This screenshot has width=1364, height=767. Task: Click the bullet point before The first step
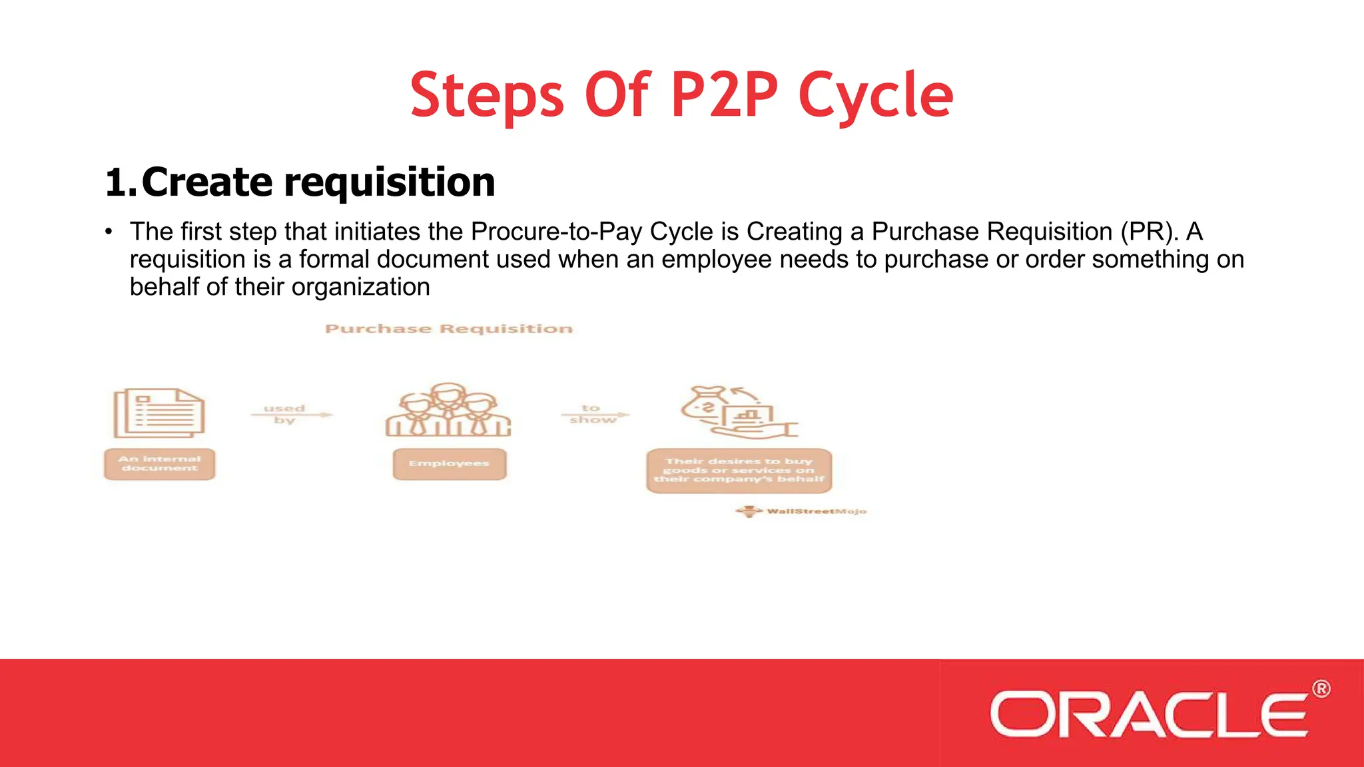click(x=109, y=232)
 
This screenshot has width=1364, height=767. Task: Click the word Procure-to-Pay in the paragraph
click(x=557, y=232)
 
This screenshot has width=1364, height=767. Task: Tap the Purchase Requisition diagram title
click(x=448, y=329)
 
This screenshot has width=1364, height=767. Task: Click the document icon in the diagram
click(x=159, y=413)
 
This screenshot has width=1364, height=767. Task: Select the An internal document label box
click(x=160, y=464)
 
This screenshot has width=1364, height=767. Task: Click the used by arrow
click(x=290, y=414)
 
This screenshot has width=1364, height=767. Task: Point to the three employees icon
click(x=448, y=410)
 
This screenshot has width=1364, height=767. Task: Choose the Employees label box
click(x=449, y=463)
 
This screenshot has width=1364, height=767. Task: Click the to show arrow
click(x=595, y=414)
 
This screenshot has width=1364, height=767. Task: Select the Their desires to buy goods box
click(x=739, y=470)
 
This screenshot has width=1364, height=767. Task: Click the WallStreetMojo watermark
click(x=802, y=511)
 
